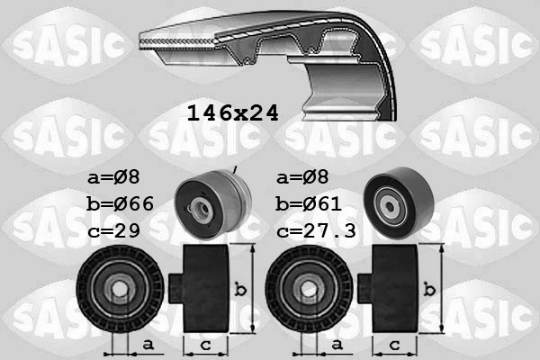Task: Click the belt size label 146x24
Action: (232, 113)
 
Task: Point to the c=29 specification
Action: (116, 230)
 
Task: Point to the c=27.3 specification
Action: (318, 230)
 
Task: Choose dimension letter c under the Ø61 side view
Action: (393, 344)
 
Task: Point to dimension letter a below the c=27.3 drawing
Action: (336, 344)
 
